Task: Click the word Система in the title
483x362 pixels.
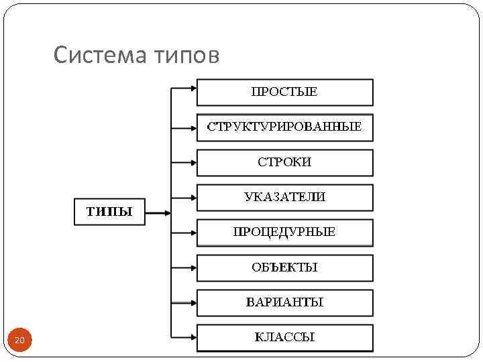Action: (x=95, y=55)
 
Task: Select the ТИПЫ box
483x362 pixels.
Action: (x=109, y=213)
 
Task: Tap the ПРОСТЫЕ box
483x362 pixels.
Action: (x=284, y=93)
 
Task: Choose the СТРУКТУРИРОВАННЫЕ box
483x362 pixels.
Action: (x=284, y=127)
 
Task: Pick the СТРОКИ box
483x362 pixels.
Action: (x=284, y=162)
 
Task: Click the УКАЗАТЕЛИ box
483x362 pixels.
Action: (x=284, y=197)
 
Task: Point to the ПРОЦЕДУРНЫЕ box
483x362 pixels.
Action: (x=284, y=233)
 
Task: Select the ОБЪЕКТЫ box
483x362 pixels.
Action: (x=284, y=267)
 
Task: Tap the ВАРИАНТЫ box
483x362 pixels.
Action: (x=284, y=302)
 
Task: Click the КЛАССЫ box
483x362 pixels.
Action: (x=284, y=337)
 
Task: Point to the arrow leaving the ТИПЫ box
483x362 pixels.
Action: (x=158, y=213)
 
